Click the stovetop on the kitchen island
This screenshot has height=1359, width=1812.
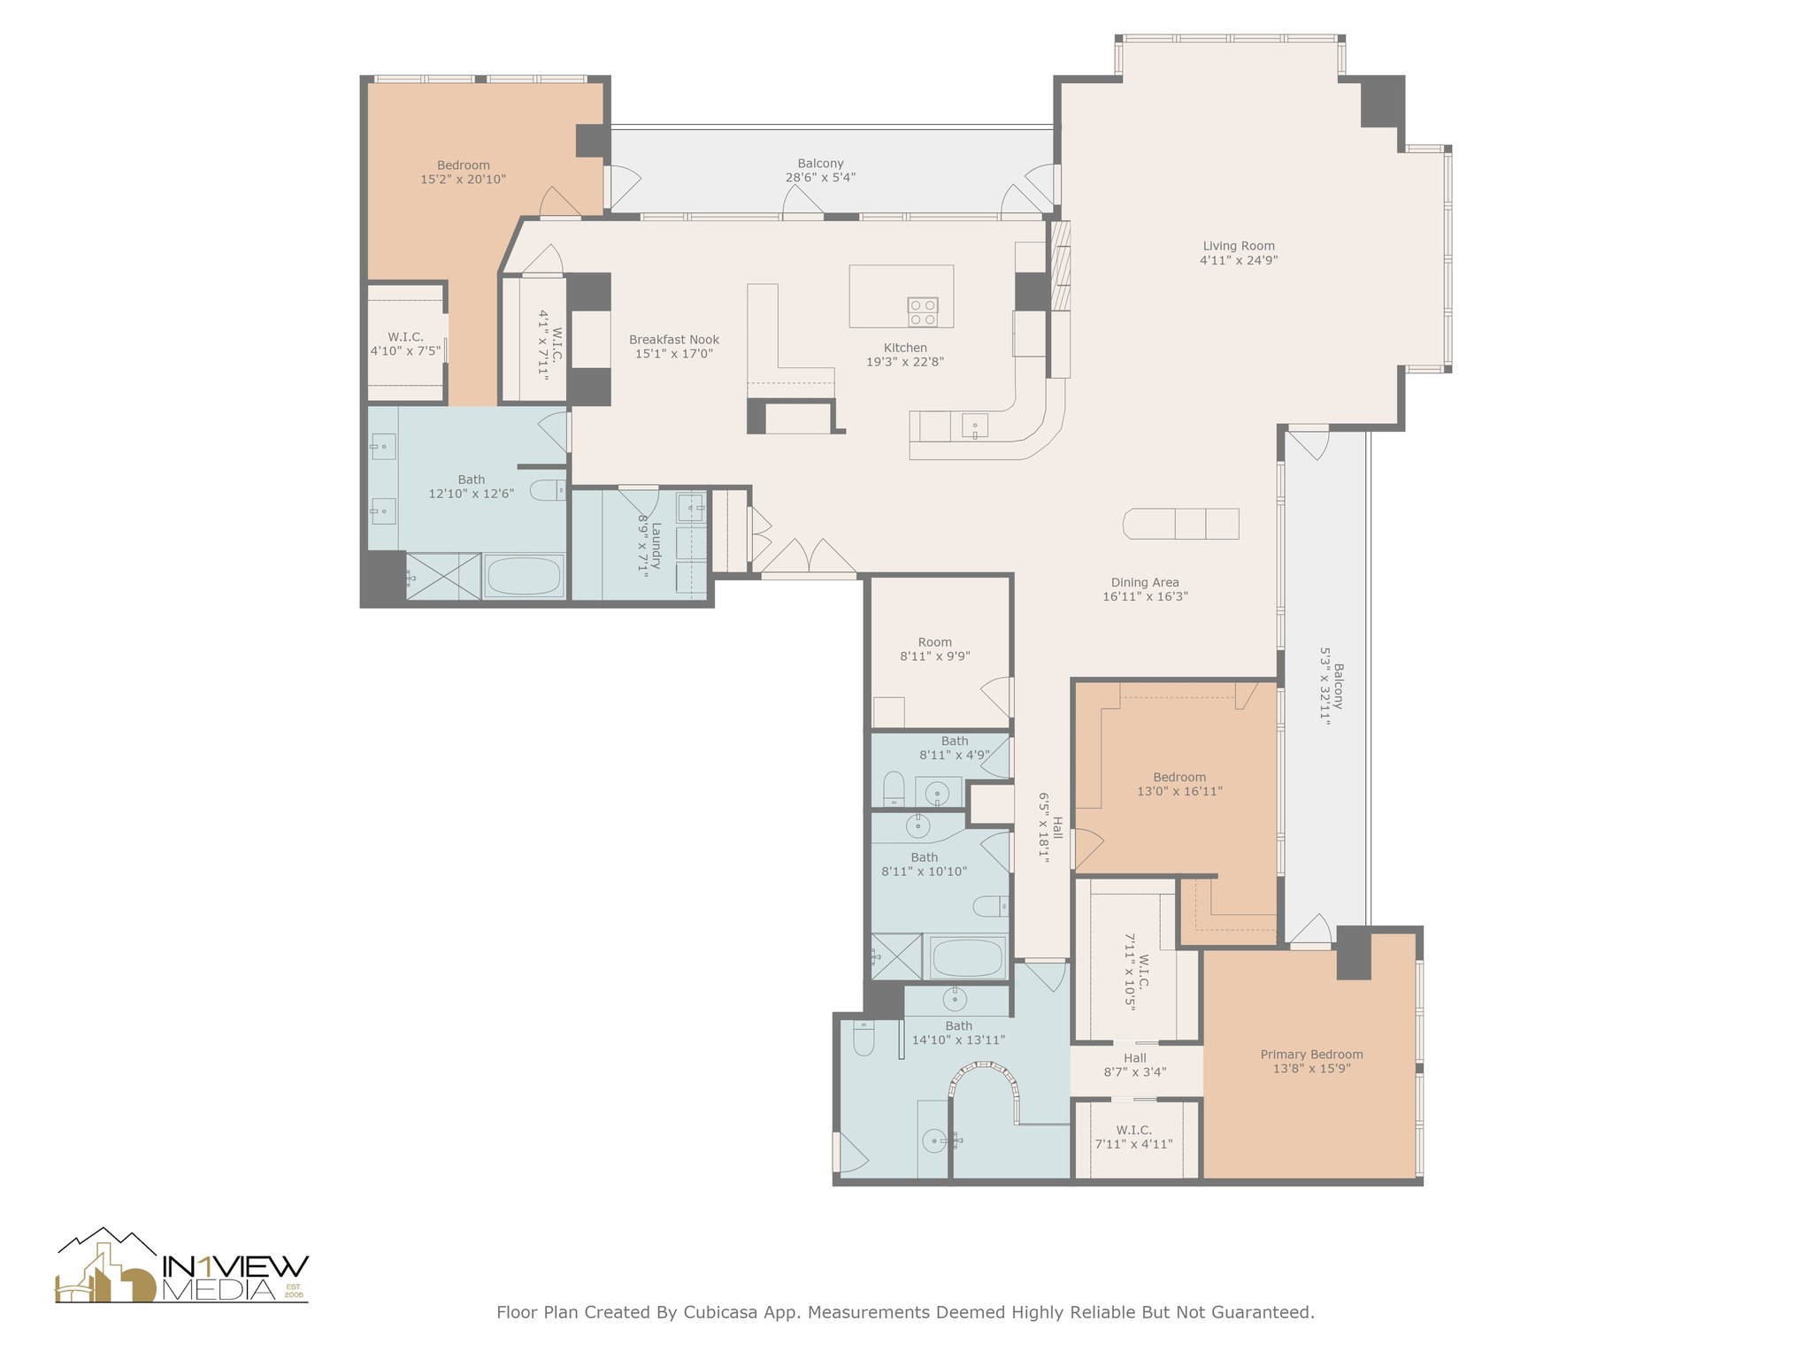(923, 311)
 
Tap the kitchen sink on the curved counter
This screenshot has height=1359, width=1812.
(975, 426)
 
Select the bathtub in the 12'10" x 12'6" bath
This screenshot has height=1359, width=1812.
(524, 576)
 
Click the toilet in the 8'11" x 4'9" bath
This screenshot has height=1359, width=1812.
(894, 787)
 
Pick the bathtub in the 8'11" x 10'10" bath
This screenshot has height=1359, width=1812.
(968, 958)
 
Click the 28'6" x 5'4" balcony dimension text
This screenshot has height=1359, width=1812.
(820, 177)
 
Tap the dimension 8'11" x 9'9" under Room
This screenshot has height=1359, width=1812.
(935, 656)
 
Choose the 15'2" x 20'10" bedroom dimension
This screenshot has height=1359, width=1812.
(463, 179)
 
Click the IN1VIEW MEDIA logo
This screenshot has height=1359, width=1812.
(182, 1265)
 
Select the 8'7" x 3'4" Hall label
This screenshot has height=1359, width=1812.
(1135, 1064)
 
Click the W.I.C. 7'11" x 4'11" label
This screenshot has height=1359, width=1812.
(1134, 1137)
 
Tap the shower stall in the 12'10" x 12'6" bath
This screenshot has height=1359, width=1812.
(443, 576)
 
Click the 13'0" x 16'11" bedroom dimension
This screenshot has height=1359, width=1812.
(1179, 791)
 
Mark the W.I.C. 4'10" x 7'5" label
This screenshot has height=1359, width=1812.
(405, 343)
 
